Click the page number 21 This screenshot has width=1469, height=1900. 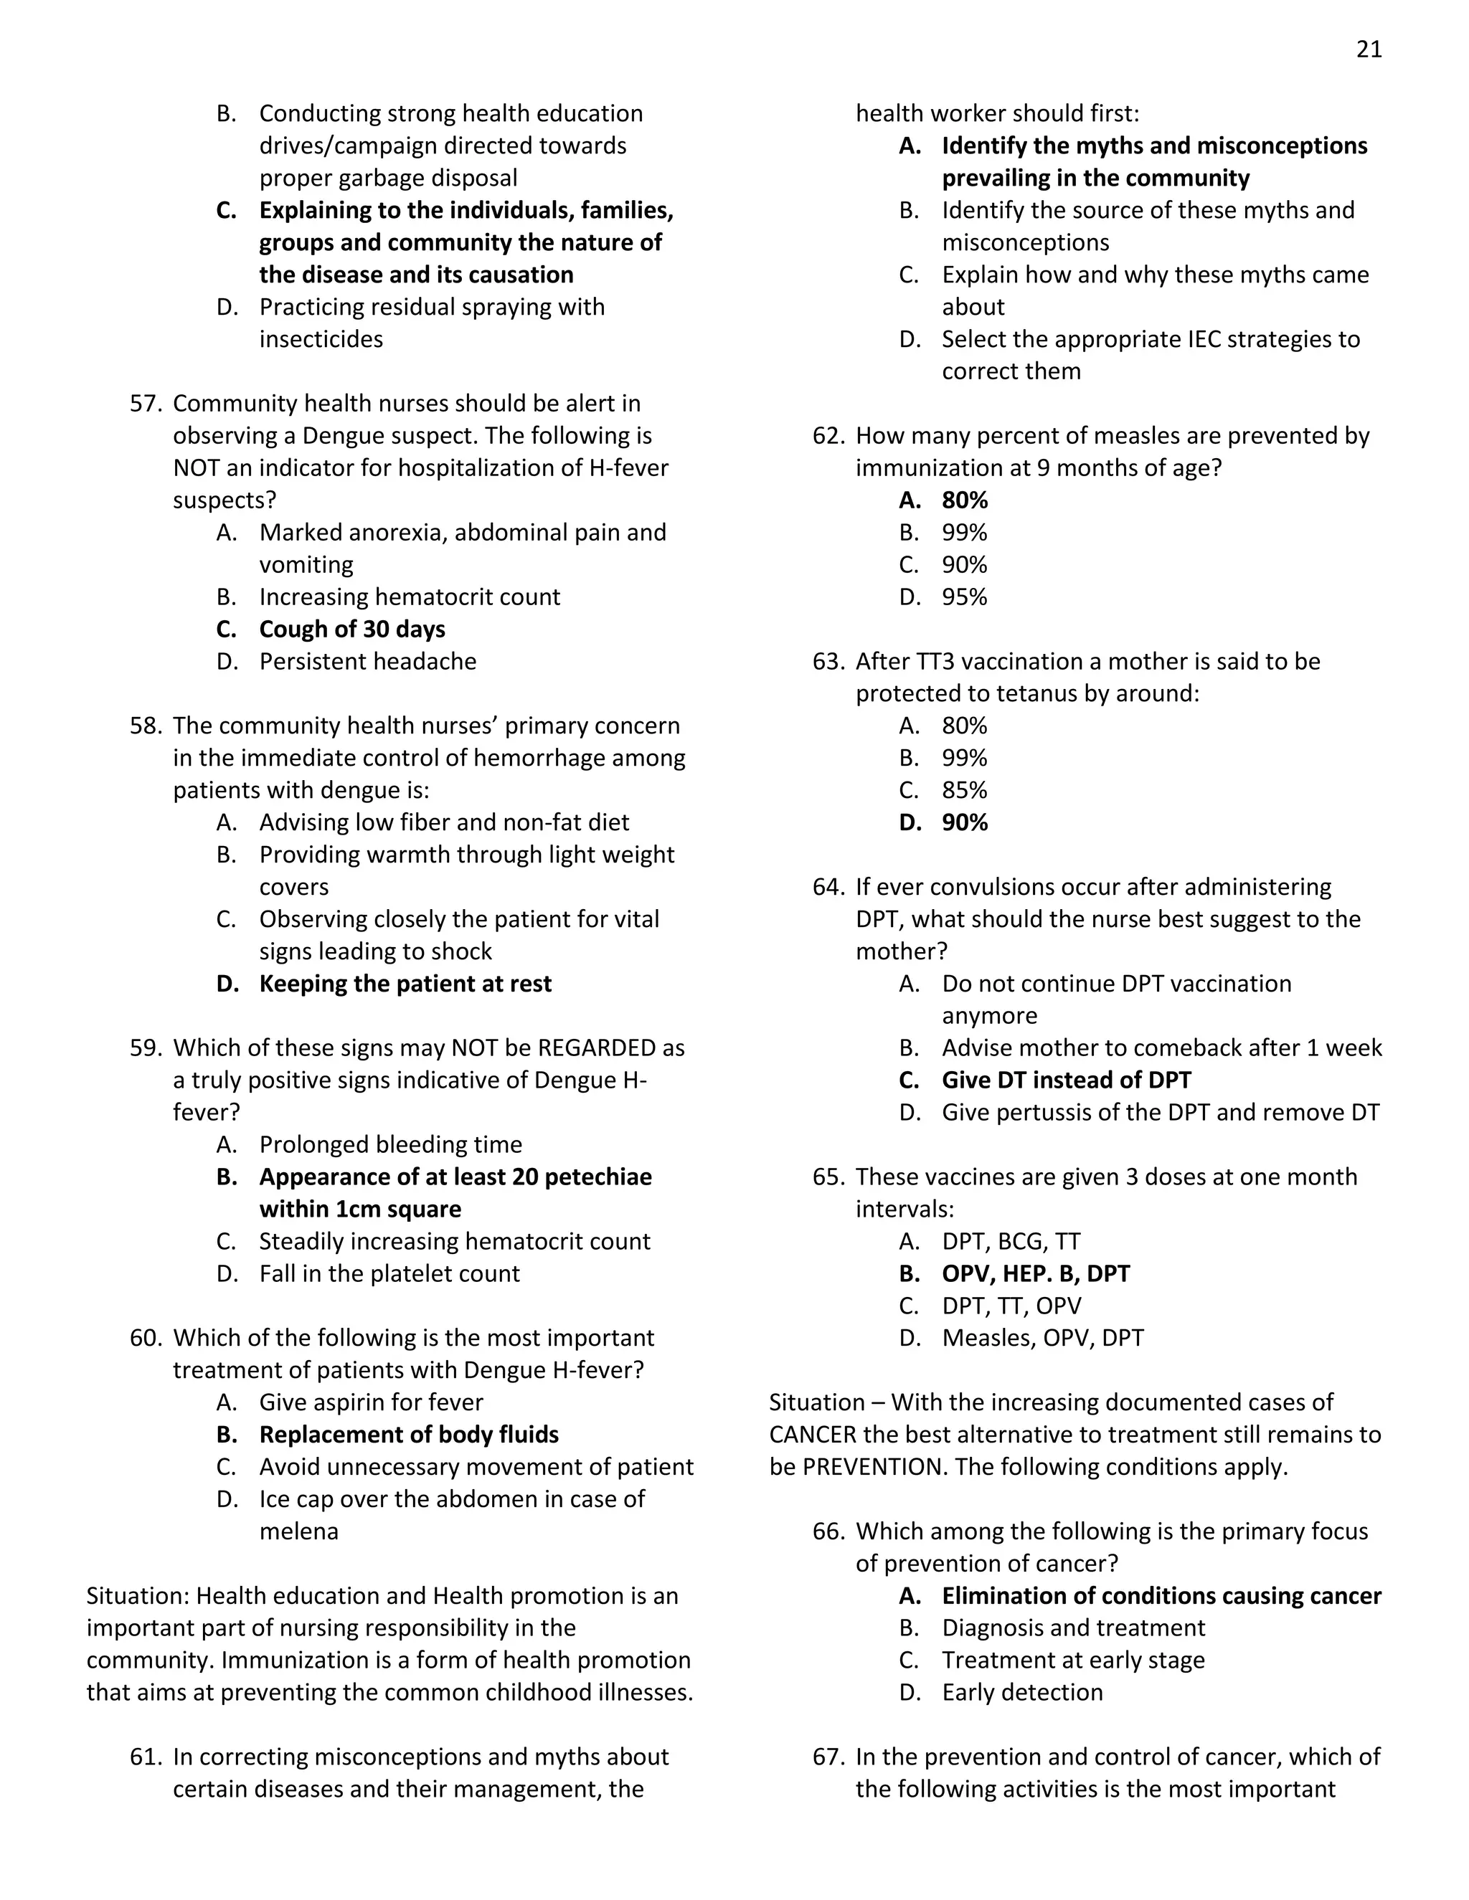(x=1368, y=49)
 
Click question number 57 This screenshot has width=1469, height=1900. (x=146, y=404)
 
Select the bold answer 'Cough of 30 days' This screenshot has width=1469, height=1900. (x=351, y=629)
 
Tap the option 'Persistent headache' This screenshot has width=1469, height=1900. (x=367, y=661)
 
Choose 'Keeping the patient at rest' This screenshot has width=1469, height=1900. (x=405, y=984)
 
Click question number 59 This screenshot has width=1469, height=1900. (x=146, y=1048)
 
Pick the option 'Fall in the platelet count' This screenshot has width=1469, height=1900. (x=389, y=1273)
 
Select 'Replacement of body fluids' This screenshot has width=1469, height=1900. (x=408, y=1435)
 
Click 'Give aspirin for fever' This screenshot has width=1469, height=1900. (x=371, y=1402)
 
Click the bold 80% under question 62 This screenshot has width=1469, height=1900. (x=964, y=500)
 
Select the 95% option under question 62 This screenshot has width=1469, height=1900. (x=964, y=597)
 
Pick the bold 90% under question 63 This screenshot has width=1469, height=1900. (x=964, y=822)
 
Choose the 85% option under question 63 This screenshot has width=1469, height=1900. (x=964, y=790)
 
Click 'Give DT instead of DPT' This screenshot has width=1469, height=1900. (x=1066, y=1080)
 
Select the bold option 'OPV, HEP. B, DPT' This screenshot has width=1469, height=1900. (x=1035, y=1273)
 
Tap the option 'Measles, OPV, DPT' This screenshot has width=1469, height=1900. (x=1041, y=1338)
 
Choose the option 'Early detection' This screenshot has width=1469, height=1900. (x=1021, y=1692)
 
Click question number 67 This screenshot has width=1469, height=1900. (x=828, y=1757)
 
